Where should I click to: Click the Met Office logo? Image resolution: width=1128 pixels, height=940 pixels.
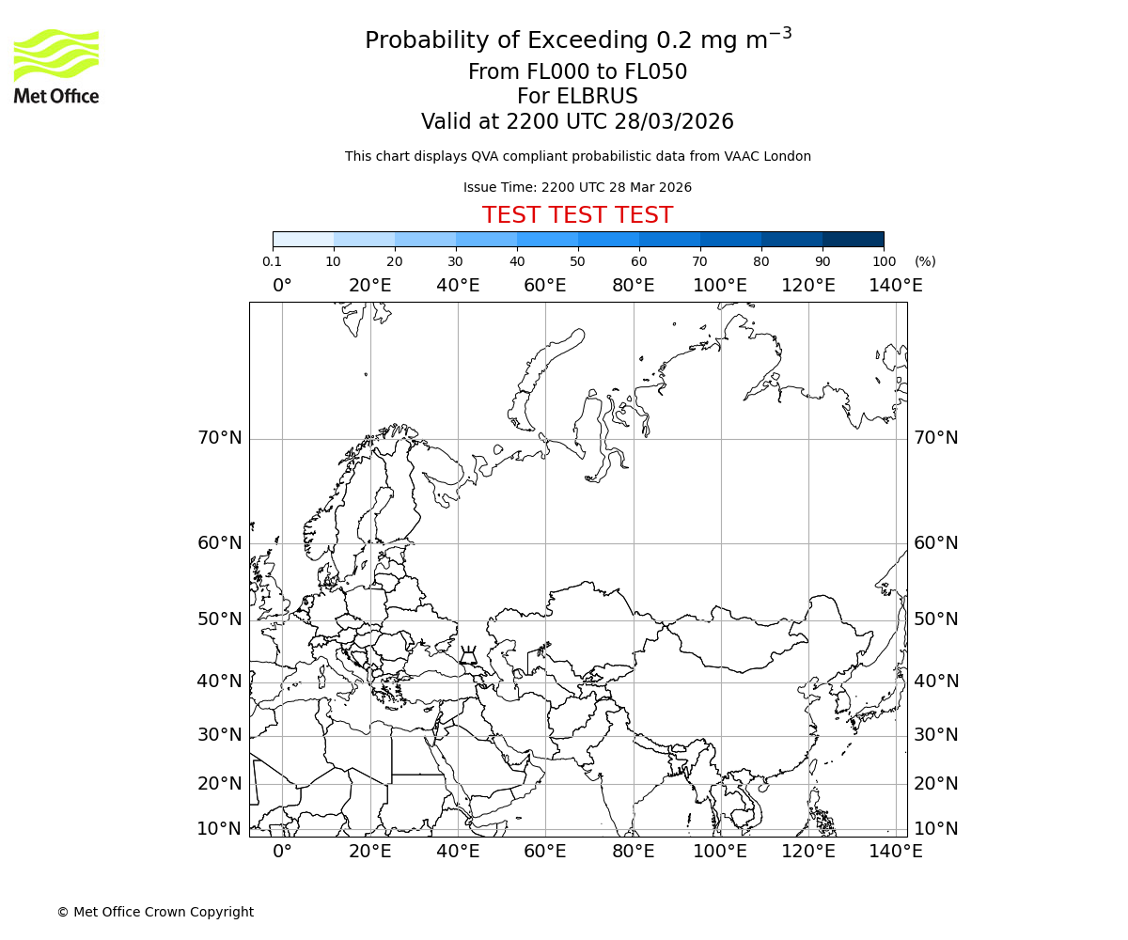click(x=56, y=66)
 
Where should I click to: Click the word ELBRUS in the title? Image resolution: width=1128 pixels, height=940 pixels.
click(x=577, y=97)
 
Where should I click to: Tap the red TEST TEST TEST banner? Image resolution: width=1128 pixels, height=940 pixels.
click(x=577, y=215)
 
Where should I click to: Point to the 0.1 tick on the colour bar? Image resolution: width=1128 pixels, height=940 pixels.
click(x=272, y=261)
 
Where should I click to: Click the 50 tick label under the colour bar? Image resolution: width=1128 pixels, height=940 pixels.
click(x=577, y=261)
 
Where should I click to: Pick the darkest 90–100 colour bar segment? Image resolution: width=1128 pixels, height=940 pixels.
click(x=853, y=239)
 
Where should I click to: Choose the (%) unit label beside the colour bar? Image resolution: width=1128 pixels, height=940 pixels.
click(x=925, y=261)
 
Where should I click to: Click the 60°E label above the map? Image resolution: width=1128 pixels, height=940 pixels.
click(x=545, y=286)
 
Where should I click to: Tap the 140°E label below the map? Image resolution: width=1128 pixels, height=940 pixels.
click(x=895, y=852)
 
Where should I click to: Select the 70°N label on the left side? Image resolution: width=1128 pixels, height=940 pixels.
click(x=219, y=438)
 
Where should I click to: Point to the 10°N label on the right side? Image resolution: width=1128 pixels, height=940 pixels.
click(x=936, y=829)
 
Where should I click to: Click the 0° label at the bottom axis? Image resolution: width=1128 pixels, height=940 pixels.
click(x=282, y=852)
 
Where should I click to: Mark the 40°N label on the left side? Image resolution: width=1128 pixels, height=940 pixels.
click(x=219, y=681)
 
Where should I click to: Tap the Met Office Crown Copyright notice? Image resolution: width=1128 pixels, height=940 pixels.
click(x=155, y=912)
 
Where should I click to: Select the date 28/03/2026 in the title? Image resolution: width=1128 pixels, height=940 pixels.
click(x=674, y=122)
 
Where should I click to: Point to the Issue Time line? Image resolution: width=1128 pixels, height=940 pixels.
click(x=577, y=187)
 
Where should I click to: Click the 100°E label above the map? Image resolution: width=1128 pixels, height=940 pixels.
click(x=720, y=286)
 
